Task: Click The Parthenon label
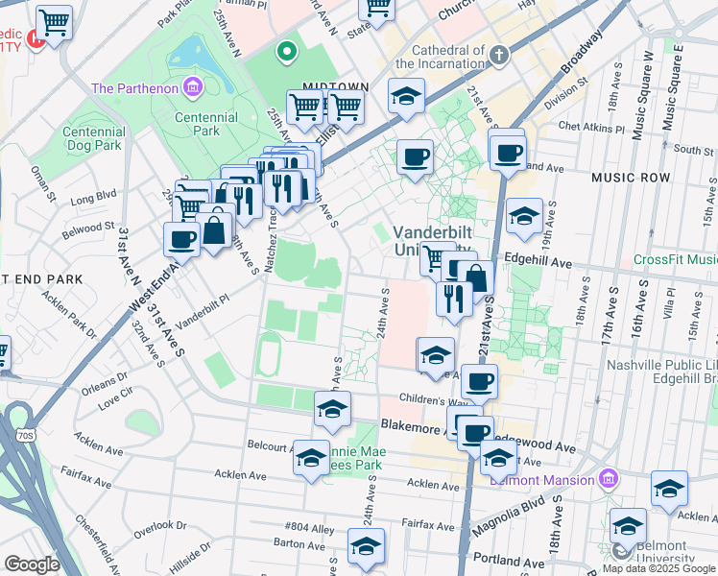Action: (134, 88)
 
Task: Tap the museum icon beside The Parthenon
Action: (194, 88)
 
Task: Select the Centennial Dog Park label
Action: (92, 138)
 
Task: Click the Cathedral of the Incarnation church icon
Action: (499, 54)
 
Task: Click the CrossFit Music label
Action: (675, 260)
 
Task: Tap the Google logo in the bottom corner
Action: (32, 564)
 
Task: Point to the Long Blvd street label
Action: (92, 201)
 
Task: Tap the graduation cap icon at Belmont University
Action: (628, 525)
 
